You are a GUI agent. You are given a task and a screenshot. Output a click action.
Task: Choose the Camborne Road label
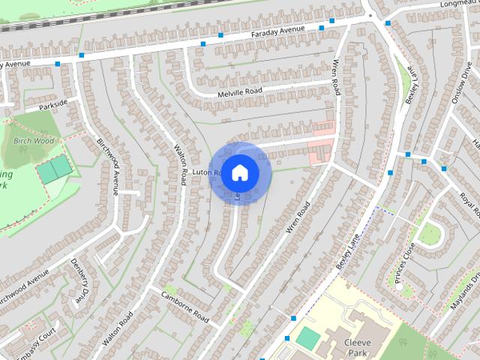184,305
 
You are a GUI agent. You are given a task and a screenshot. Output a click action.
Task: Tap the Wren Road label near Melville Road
336,76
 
